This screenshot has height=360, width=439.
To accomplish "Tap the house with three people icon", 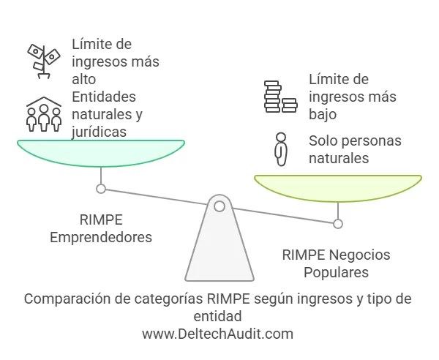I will coord(44,113).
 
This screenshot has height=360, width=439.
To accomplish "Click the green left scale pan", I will coord(101,152).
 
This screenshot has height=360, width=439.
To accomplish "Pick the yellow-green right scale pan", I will coord(337,187).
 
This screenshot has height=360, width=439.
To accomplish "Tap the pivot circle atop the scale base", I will coord(219,206).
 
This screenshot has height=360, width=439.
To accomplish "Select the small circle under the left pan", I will coord(101,189).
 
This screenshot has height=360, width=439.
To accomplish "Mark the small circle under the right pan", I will coord(337,223).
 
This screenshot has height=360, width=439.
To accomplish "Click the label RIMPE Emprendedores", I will coord(100,228).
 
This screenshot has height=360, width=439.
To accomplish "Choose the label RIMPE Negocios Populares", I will coord(337,263).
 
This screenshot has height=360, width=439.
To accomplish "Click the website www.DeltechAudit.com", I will coord(217,334).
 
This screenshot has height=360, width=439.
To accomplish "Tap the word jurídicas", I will coord(99,132).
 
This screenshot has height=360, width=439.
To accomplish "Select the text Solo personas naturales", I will coord(354,149).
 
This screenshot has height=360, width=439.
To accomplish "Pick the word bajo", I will coord(323,114).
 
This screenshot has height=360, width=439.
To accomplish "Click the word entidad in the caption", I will coord(217,316).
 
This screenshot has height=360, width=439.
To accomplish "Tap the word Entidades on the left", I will coord(104,97).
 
